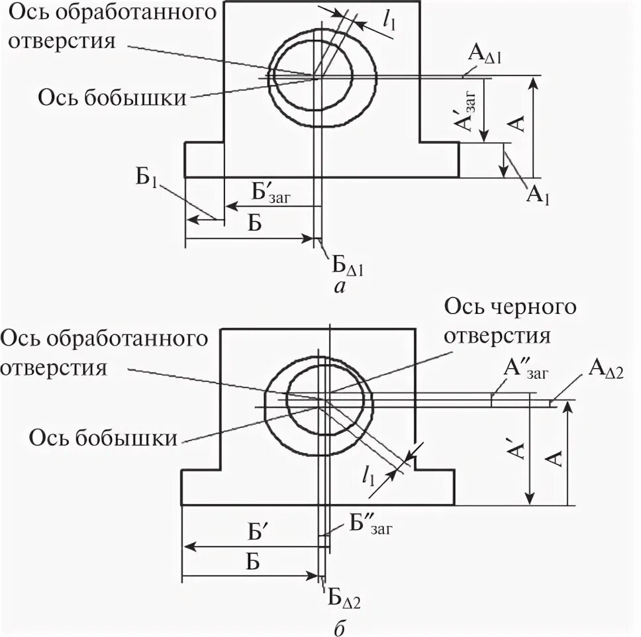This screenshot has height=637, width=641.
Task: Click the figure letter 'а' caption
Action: (x=340, y=286)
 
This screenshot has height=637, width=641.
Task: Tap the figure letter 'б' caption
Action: (x=339, y=628)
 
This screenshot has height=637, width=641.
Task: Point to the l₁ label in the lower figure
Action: (x=368, y=475)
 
